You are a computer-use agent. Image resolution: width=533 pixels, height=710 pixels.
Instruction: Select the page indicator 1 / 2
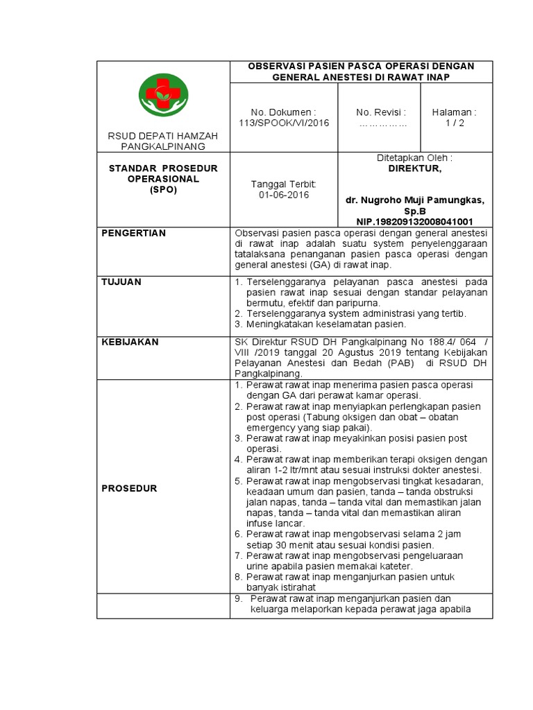point(454,123)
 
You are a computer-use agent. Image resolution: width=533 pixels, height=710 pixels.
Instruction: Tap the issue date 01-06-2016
point(283,196)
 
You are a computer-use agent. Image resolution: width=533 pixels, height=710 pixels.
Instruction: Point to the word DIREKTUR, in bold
point(414,168)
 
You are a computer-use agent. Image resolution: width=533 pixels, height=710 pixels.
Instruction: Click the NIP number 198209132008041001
point(415,221)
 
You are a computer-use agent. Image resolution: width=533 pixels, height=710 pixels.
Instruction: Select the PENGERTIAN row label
point(134,233)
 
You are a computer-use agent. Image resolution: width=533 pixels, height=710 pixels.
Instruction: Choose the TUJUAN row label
point(121,282)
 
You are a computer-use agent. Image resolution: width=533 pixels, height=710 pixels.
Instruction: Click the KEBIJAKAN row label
point(130,342)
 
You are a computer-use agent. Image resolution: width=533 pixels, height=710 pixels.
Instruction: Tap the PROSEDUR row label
point(130,488)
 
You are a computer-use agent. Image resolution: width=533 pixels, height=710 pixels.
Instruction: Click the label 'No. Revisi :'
point(381,112)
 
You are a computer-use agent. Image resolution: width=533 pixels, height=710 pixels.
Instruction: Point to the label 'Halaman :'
point(454,112)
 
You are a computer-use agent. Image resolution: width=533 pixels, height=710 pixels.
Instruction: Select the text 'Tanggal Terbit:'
point(283,184)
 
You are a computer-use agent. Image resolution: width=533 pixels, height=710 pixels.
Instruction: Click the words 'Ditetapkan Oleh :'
point(414,158)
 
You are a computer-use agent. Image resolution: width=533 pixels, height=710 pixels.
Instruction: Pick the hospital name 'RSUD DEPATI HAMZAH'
point(164,137)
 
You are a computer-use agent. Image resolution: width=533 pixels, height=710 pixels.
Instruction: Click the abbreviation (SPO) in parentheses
point(164,189)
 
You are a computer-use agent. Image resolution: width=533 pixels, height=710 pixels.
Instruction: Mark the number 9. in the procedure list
point(239,598)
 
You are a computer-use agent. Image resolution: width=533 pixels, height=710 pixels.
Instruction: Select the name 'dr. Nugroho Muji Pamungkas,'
point(415,200)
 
